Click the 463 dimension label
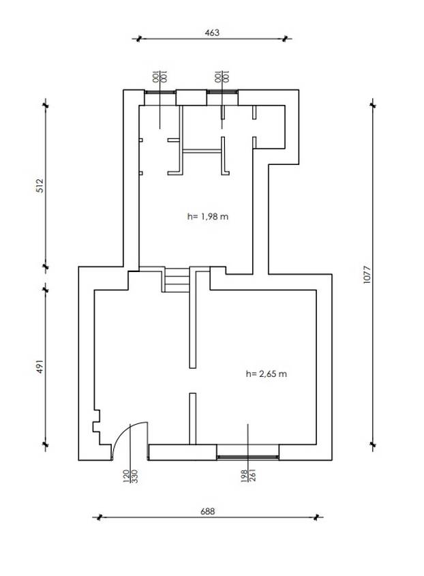click(212, 33)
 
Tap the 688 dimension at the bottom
click(208, 511)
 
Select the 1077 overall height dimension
click(367, 274)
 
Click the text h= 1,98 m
click(208, 216)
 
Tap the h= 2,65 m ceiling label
click(266, 374)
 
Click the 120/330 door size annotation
click(130, 476)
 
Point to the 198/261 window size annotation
click(248, 475)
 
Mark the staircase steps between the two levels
click(177, 280)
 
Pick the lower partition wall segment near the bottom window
click(192, 419)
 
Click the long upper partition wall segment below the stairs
click(192, 320)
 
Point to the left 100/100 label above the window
click(160, 76)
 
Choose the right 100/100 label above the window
click(222, 76)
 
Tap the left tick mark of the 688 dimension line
click(98, 517)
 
